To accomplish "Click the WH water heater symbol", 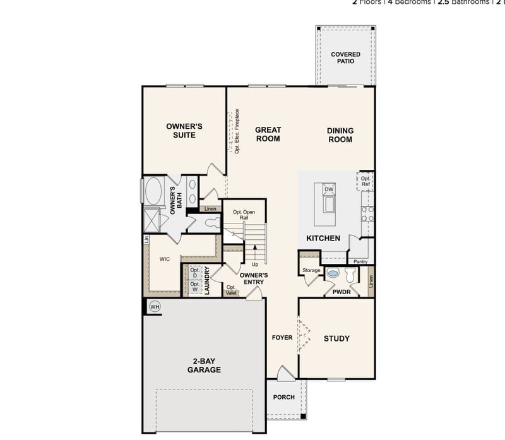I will pos(155,306).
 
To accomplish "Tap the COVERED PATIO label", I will pos(345,58).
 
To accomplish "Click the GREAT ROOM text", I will pos(268,134).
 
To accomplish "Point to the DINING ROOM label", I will pos(340,135).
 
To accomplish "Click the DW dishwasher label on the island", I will pos(328,189).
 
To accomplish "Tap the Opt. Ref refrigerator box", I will pos(365,182).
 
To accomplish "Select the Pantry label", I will pos(360,261).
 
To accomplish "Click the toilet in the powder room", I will pos(333,274).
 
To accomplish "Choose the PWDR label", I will pos(341,292).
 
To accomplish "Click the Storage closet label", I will pos(311,271).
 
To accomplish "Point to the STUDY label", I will pos(336,338).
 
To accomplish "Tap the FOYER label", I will pos(282,338).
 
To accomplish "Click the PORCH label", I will pos(283,397).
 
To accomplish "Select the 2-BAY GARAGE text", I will pos(204,366).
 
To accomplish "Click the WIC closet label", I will pos(164,259).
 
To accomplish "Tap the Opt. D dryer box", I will pos(194,273).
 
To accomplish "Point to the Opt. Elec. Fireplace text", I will pos(237,132).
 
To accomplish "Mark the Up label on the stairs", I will pos(254,264).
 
